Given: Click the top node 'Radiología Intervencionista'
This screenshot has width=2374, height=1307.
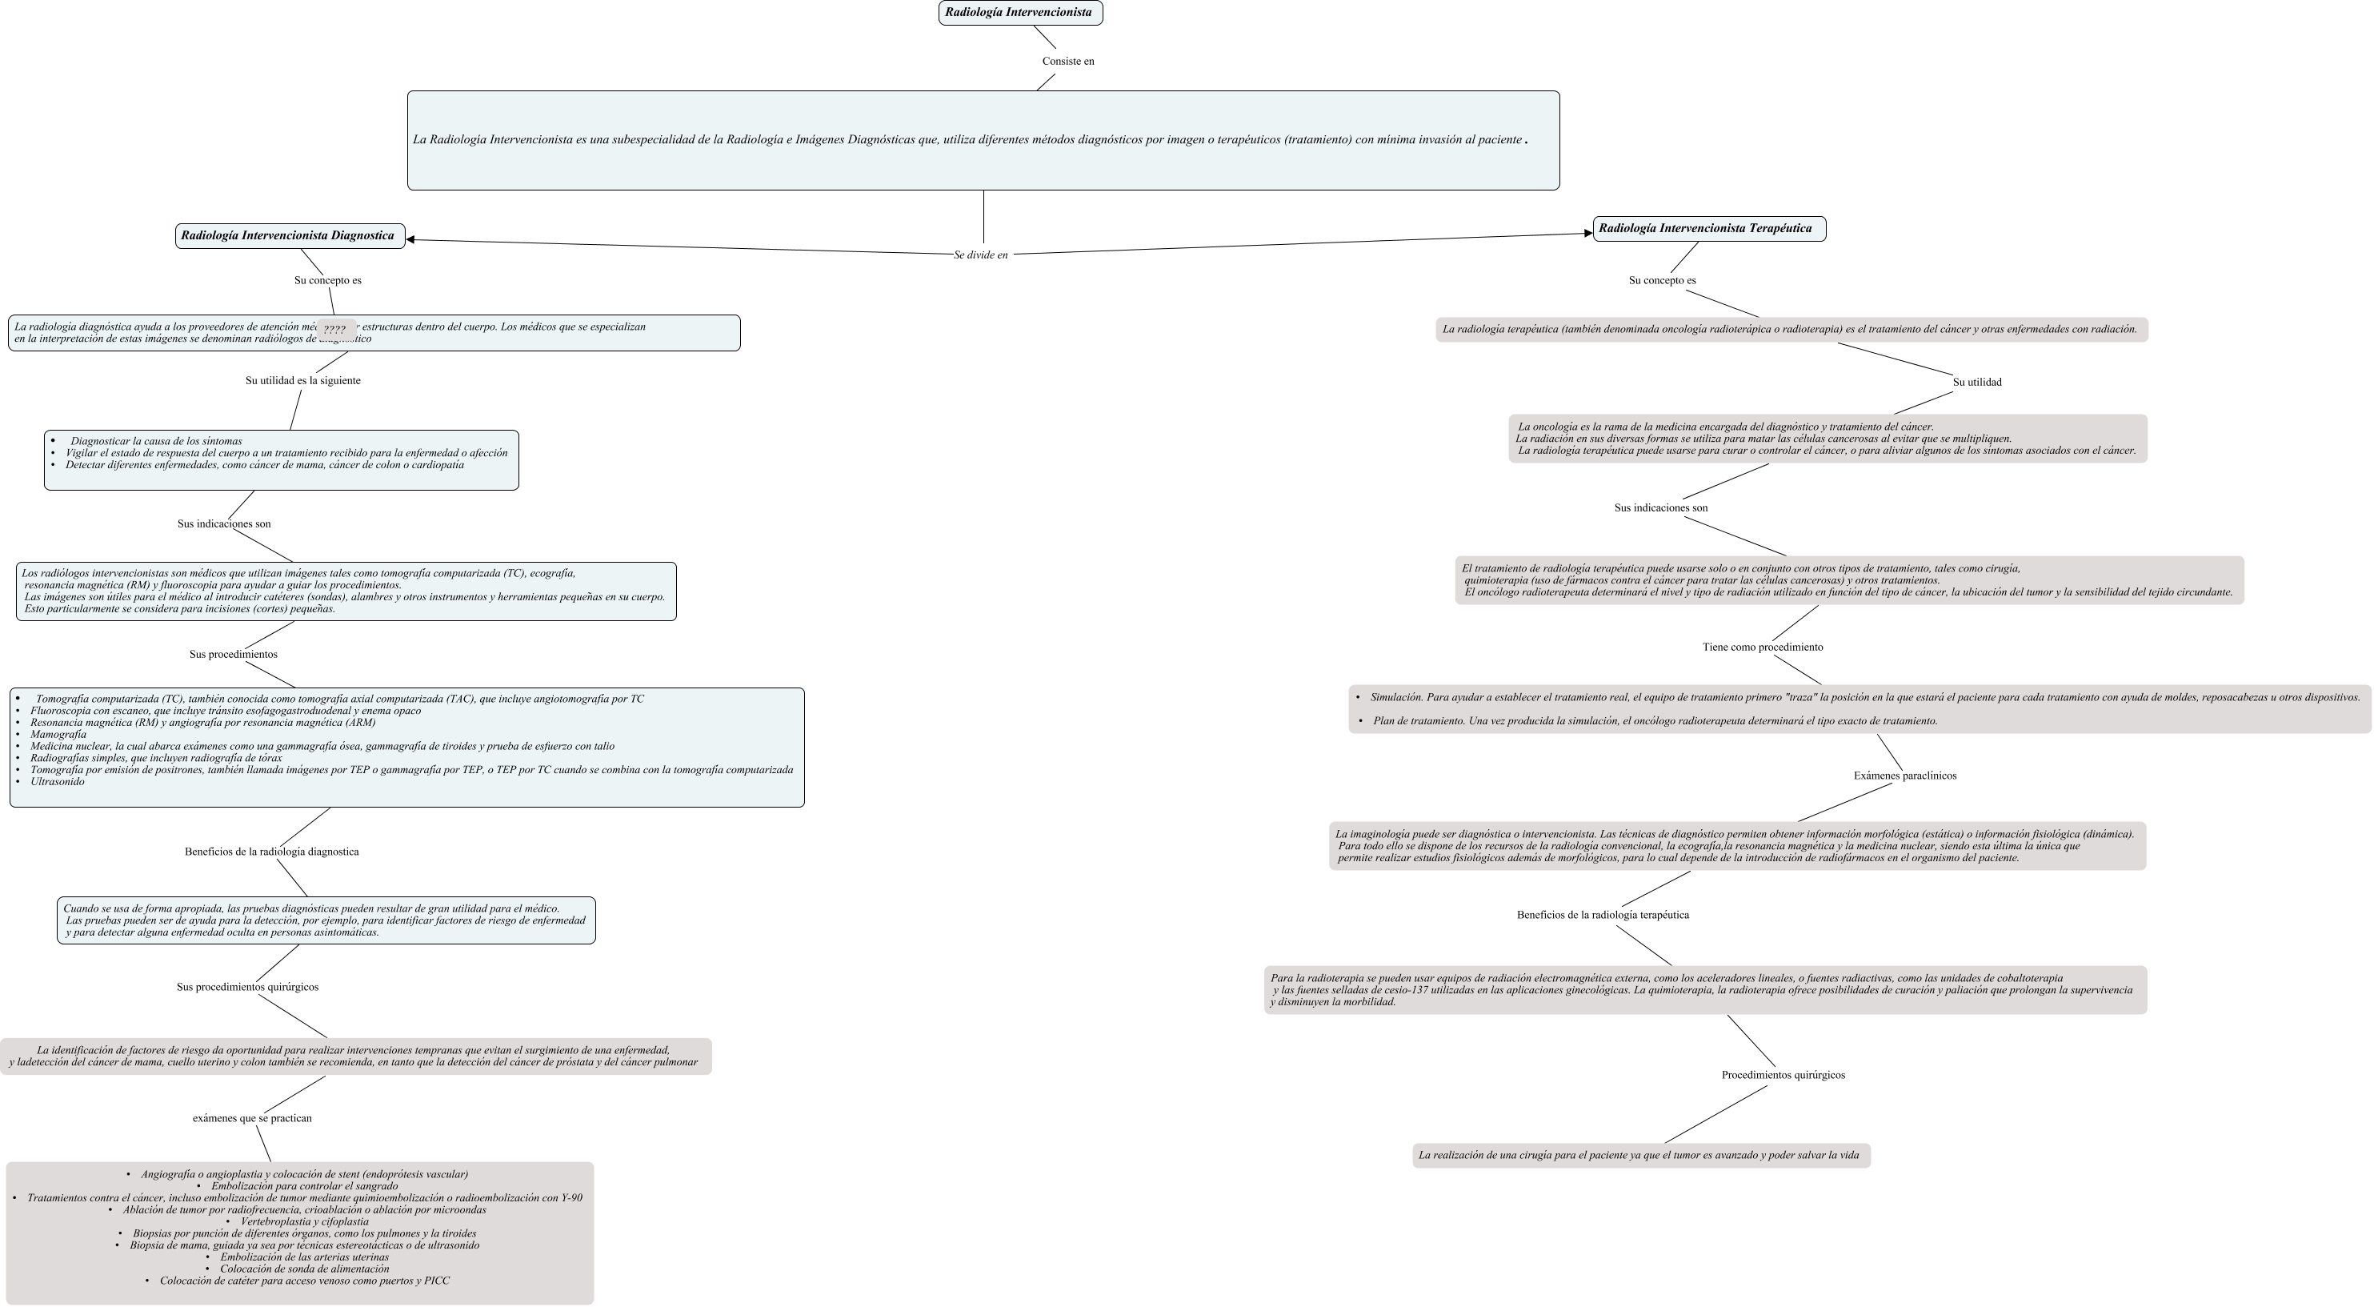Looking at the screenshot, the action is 1019,13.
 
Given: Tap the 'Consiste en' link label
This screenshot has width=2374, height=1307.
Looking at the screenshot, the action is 1068,62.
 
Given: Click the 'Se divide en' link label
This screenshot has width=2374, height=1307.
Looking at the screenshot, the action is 981,255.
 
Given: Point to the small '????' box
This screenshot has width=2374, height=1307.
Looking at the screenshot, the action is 334,329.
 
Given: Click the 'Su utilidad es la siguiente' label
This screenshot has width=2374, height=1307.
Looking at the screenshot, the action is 303,381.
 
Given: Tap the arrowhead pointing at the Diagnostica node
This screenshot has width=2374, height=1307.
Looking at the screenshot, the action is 411,239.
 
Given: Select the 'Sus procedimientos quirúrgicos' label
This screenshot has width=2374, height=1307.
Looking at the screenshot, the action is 248,987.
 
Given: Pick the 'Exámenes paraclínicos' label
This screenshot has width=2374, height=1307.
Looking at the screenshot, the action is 1905,776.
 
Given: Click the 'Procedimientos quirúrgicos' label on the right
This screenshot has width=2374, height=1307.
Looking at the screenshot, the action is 1784,1076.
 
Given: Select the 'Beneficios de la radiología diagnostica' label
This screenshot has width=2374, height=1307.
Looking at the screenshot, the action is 272,852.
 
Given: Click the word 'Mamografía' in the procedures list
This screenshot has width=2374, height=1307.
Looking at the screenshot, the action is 58,735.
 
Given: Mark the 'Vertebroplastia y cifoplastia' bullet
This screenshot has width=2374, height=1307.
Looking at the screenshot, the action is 304,1222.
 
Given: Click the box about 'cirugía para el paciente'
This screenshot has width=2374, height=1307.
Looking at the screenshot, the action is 1640,1156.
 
